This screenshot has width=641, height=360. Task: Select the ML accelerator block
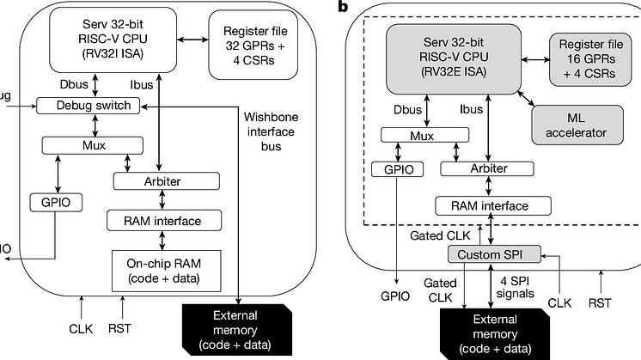(x=571, y=125)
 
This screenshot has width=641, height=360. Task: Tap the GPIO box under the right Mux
(x=397, y=170)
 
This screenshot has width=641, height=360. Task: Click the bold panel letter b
(x=344, y=8)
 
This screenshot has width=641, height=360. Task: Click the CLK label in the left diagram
(x=82, y=326)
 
